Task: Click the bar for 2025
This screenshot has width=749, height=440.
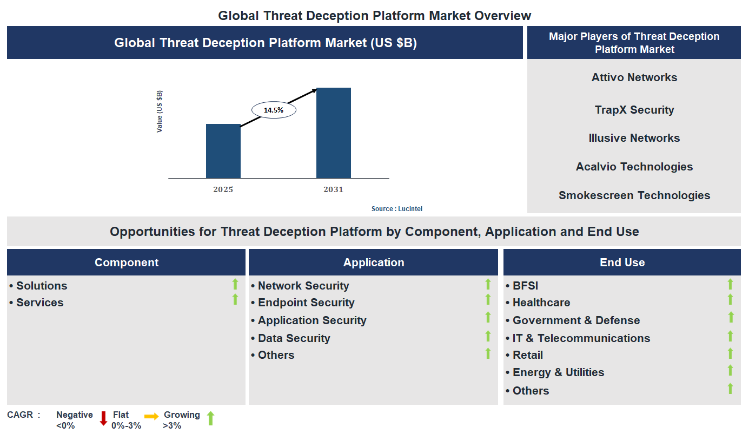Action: [x=223, y=151]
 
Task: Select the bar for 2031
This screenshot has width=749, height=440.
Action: [x=333, y=133]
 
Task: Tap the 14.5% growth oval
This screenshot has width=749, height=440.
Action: [x=274, y=110]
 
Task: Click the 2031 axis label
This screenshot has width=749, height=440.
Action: [x=333, y=189]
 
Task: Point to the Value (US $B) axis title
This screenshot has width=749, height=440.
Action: [x=160, y=111]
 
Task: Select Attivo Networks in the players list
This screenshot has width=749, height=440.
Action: [x=634, y=77]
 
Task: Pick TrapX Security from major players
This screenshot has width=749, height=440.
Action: [x=634, y=110]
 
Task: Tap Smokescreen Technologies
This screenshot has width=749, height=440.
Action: [x=634, y=195]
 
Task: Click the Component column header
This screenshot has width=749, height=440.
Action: [x=127, y=262]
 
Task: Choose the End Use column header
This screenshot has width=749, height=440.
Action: [x=622, y=262]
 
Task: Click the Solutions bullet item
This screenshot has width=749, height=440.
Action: [x=42, y=286]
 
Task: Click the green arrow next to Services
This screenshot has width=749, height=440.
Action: [x=235, y=299]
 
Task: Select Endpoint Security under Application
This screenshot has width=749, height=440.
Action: [x=306, y=303]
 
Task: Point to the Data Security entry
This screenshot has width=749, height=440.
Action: [x=294, y=338]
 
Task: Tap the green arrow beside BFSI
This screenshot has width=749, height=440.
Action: [x=730, y=284]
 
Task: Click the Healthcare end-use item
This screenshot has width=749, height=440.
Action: [x=541, y=303]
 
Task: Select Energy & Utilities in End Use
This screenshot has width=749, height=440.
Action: [x=558, y=372]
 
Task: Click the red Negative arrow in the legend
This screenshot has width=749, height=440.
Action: [x=103, y=418]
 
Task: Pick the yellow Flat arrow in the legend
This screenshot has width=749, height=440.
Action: [x=151, y=416]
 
